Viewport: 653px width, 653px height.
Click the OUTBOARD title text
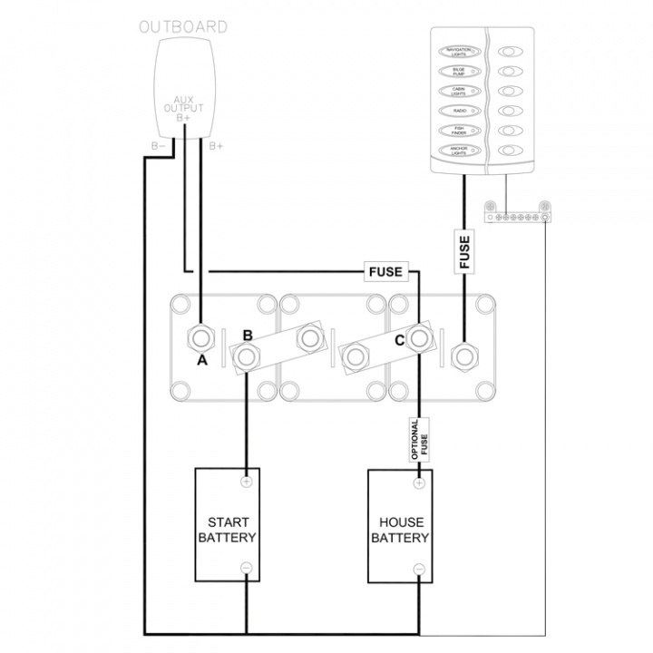(182, 26)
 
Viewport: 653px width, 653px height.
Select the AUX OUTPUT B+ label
(183, 106)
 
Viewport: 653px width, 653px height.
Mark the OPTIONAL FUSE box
(418, 442)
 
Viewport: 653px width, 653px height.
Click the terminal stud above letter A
(201, 340)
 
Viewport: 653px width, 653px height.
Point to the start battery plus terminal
(246, 482)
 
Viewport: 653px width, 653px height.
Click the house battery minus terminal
(418, 569)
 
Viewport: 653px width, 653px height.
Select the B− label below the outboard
(158, 146)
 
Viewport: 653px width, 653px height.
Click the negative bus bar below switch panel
(517, 217)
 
